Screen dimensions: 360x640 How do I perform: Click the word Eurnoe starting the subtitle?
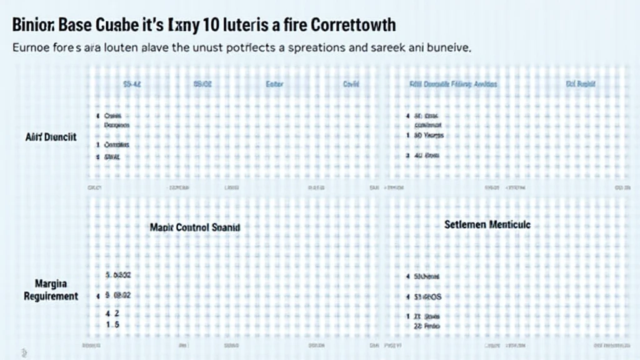pos(29,47)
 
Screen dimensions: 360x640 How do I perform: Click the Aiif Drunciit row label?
pos(51,137)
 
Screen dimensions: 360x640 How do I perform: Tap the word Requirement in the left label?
pos(51,296)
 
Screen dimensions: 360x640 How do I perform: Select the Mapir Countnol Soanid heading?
pos(195,228)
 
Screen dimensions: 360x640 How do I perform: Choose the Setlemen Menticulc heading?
pos(487,223)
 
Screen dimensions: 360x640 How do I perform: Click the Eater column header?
pos(275,83)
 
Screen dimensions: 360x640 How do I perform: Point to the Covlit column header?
pos(351,83)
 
